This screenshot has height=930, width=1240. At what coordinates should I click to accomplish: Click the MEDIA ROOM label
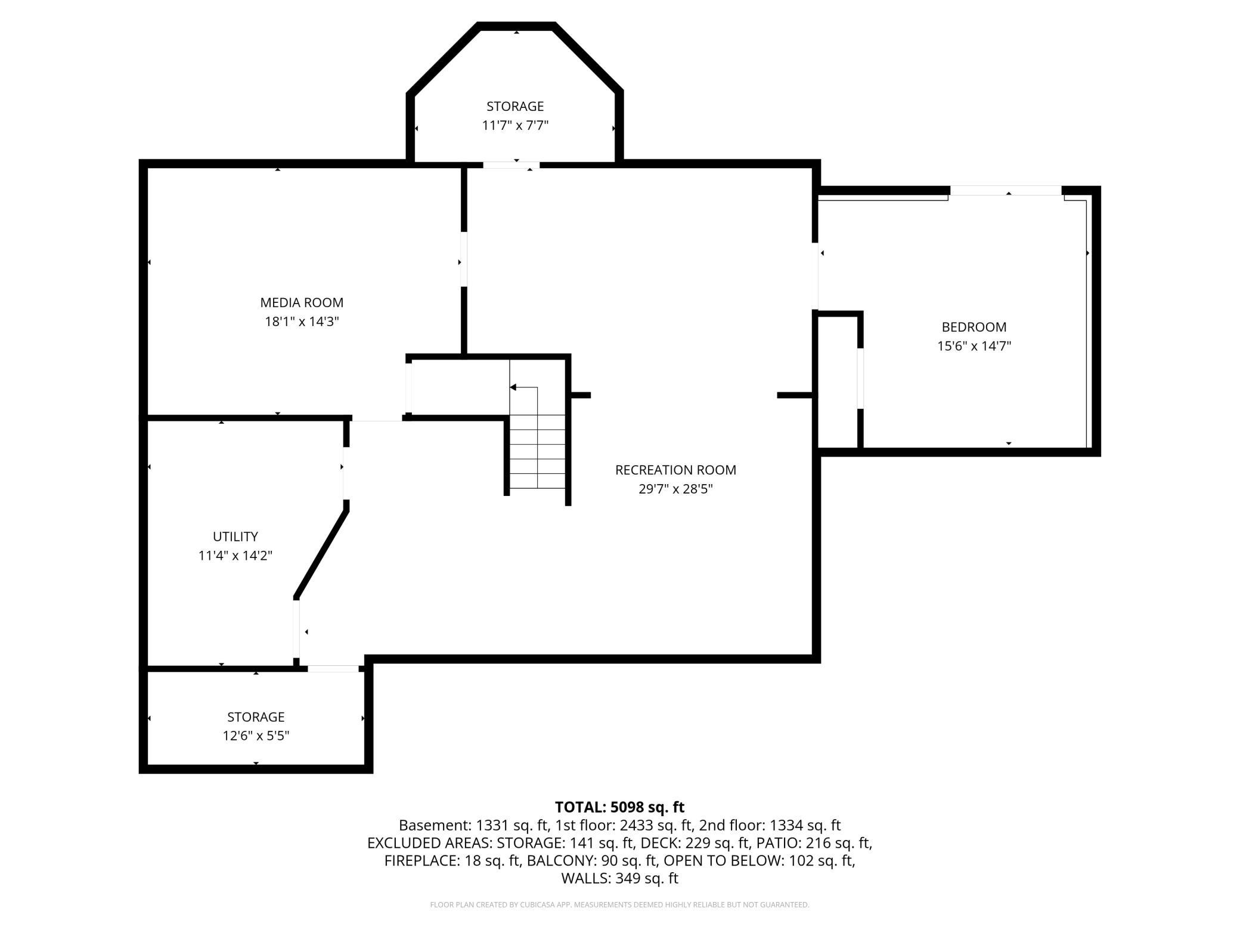tap(302, 302)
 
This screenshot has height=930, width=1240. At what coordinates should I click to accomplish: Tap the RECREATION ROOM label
tap(675, 470)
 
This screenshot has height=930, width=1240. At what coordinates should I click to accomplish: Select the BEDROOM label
tap(974, 327)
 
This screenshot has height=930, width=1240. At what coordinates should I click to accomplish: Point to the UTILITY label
tap(235, 536)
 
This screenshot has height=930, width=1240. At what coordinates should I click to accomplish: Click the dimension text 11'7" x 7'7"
tap(515, 125)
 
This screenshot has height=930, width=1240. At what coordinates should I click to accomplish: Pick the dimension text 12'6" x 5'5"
tap(256, 736)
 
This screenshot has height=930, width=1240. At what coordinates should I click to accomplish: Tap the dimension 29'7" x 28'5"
tap(675, 489)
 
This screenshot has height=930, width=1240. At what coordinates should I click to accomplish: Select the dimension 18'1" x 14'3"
tap(302, 321)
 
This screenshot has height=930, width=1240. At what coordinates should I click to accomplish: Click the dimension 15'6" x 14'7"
tap(974, 346)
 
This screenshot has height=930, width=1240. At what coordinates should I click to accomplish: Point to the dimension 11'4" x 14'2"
tap(235, 555)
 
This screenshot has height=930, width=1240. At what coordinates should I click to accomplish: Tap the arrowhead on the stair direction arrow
tap(513, 387)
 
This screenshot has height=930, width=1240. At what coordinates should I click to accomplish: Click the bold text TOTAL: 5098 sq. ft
tap(619, 807)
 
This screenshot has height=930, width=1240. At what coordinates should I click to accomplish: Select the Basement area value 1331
tap(489, 825)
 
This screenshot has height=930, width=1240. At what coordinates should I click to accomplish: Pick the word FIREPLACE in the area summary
tap(421, 860)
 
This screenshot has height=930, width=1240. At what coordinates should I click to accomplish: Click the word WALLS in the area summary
tap(584, 878)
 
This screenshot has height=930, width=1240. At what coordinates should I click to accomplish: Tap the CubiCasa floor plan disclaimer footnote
tap(619, 904)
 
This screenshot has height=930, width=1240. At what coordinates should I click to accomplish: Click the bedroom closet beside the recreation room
tap(837, 382)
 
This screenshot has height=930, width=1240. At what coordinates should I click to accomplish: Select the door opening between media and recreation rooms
tap(464, 259)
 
